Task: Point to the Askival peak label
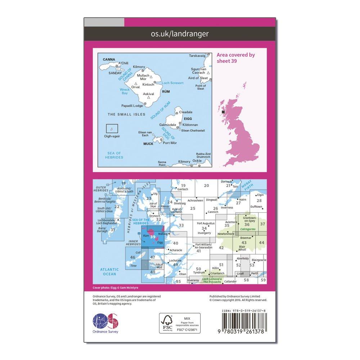(148, 94)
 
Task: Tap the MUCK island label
(148, 144)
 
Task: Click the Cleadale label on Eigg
(186, 112)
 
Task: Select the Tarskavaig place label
(197, 56)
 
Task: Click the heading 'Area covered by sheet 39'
(236, 58)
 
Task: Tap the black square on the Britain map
(224, 112)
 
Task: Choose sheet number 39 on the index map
(153, 237)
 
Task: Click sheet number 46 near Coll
(133, 257)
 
